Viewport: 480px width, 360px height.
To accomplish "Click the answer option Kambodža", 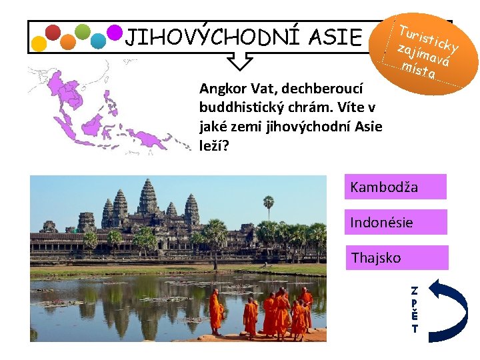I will [395, 187].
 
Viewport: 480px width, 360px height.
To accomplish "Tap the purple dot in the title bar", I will [115, 32].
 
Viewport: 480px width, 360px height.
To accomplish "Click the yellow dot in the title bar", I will [39, 43].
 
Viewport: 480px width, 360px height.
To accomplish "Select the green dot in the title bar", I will [83, 31].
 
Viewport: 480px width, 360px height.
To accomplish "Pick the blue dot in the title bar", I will [99, 41].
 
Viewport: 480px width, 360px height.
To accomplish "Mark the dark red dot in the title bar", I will [53, 32].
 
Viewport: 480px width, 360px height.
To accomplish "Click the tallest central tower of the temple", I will [147, 197].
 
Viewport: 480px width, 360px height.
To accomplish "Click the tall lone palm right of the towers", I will [269, 207].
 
